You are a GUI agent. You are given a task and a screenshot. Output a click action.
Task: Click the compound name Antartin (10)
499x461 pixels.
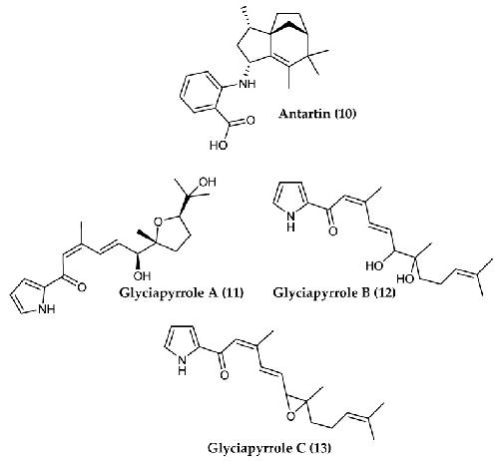(317, 114)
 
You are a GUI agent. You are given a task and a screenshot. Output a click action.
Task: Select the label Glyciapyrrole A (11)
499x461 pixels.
(181, 293)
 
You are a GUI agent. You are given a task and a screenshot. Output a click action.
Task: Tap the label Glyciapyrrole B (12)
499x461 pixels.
(334, 293)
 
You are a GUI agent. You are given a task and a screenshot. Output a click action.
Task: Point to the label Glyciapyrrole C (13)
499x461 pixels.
(269, 448)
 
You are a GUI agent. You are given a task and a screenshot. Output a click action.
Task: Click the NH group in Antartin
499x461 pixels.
(248, 83)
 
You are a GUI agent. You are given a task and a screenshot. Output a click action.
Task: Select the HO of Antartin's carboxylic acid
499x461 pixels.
(219, 145)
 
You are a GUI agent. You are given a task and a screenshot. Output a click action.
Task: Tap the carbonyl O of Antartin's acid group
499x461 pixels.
(250, 120)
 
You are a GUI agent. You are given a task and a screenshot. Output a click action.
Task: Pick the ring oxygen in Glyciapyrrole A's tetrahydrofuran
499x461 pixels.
(159, 222)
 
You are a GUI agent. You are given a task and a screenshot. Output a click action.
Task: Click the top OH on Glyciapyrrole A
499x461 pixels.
(208, 182)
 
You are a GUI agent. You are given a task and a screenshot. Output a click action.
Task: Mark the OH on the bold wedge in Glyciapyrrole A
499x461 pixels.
(142, 275)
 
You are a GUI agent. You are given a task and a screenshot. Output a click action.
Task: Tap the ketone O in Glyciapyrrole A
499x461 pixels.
(82, 287)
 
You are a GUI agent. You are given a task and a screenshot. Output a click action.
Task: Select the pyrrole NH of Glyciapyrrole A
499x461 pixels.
(47, 309)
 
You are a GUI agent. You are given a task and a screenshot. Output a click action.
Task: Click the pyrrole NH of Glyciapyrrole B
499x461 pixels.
(290, 222)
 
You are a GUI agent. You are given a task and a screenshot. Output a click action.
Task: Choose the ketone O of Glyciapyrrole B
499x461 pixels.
(332, 230)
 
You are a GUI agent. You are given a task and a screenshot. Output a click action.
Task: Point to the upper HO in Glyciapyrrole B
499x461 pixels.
(374, 265)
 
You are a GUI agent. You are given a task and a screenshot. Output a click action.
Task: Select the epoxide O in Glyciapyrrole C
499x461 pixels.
(290, 416)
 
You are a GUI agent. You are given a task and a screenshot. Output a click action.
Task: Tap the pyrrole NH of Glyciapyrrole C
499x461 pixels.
(182, 364)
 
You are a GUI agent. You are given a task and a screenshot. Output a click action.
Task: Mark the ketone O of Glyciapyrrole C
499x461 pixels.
(225, 375)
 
